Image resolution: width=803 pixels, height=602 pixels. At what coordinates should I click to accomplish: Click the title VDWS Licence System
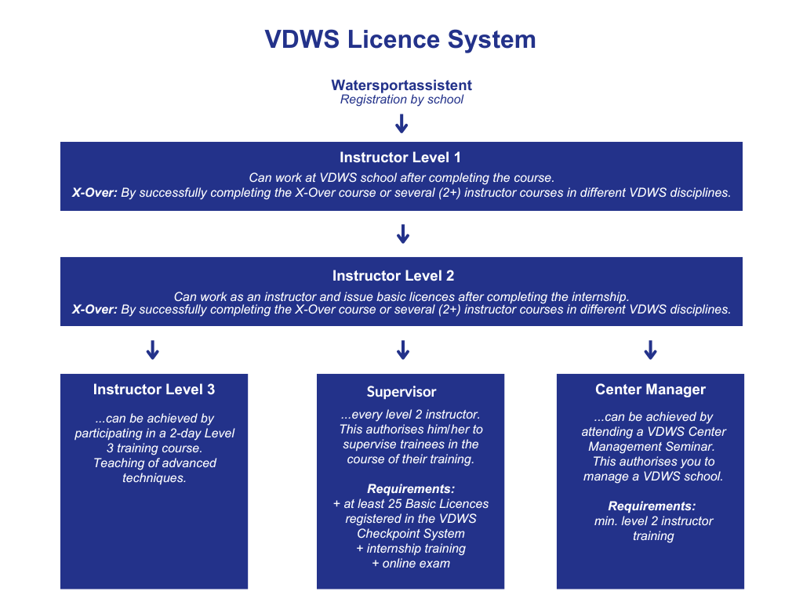pyautogui.click(x=401, y=40)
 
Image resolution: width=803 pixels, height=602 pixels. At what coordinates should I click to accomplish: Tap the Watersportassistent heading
pyautogui.click(x=401, y=85)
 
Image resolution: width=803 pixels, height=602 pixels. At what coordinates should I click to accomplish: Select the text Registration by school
pyautogui.click(x=401, y=100)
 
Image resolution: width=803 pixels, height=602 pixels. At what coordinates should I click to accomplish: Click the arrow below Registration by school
pyautogui.click(x=401, y=124)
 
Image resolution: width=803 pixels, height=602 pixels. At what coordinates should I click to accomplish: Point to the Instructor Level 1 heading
pyautogui.click(x=401, y=158)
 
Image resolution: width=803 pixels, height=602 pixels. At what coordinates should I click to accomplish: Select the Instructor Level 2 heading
pyautogui.click(x=393, y=276)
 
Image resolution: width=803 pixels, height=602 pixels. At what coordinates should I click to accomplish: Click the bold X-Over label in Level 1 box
pyautogui.click(x=94, y=193)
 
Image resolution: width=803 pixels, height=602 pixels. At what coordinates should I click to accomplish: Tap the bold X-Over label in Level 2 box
pyautogui.click(x=94, y=309)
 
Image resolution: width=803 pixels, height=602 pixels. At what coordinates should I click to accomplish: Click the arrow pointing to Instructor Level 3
pyautogui.click(x=153, y=350)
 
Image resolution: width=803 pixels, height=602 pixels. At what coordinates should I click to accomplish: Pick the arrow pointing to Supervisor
pyautogui.click(x=403, y=350)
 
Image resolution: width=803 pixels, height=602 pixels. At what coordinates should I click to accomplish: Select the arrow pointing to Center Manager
pyautogui.click(x=650, y=350)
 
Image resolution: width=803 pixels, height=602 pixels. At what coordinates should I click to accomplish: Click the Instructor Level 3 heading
pyautogui.click(x=154, y=390)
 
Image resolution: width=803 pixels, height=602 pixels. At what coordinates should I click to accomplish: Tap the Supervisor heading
pyautogui.click(x=401, y=392)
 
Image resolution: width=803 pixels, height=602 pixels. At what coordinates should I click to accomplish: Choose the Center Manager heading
pyautogui.click(x=650, y=390)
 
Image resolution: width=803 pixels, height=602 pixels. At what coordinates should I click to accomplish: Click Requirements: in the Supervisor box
pyautogui.click(x=411, y=488)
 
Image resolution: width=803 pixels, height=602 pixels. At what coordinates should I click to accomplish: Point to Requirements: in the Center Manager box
pyautogui.click(x=652, y=506)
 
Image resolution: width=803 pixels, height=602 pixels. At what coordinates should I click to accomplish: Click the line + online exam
pyautogui.click(x=411, y=563)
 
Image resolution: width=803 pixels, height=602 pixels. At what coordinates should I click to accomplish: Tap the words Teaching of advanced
pyautogui.click(x=154, y=462)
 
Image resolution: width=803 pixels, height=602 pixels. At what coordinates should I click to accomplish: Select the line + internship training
pyautogui.click(x=411, y=548)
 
